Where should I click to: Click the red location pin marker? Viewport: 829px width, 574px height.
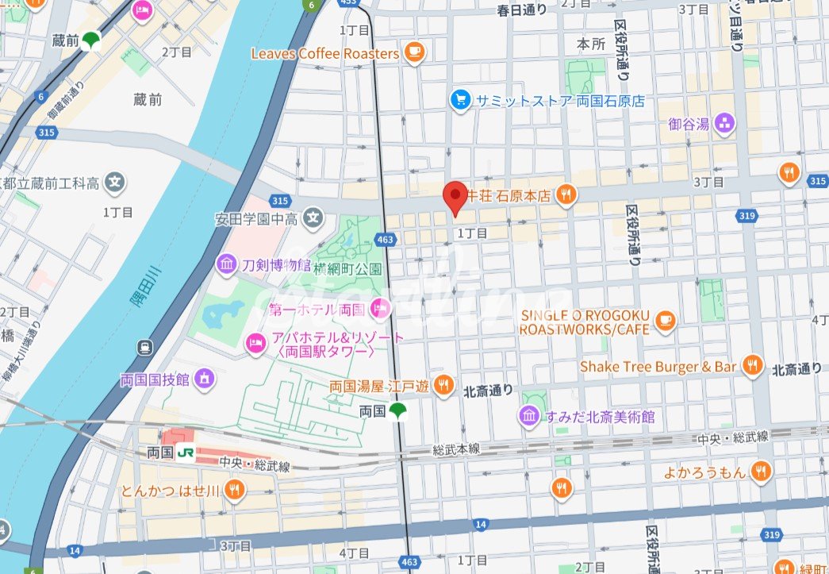pyautogui.click(x=455, y=197)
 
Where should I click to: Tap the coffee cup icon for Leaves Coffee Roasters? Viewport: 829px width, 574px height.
pyautogui.click(x=413, y=53)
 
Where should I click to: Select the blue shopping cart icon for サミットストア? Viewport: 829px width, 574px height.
pyautogui.click(x=460, y=100)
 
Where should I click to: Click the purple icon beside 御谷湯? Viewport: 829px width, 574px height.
pyautogui.click(x=723, y=123)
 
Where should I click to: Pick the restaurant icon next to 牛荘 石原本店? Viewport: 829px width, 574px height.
pyautogui.click(x=565, y=194)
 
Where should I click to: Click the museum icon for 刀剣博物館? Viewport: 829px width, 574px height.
pyautogui.click(x=227, y=264)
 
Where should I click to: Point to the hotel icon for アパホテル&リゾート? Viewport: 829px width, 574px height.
pyautogui.click(x=256, y=342)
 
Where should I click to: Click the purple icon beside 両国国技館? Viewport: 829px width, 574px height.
pyautogui.click(x=205, y=379)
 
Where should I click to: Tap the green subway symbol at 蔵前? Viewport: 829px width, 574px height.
pyautogui.click(x=92, y=40)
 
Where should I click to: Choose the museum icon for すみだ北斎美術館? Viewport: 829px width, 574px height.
pyautogui.click(x=529, y=416)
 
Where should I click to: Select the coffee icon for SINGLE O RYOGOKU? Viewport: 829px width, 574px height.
pyautogui.click(x=665, y=320)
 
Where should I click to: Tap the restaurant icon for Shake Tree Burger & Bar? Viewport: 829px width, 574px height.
pyautogui.click(x=752, y=366)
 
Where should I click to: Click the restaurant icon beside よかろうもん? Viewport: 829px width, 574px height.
pyautogui.click(x=761, y=472)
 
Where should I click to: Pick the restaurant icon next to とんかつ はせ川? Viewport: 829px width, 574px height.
pyautogui.click(x=233, y=490)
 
